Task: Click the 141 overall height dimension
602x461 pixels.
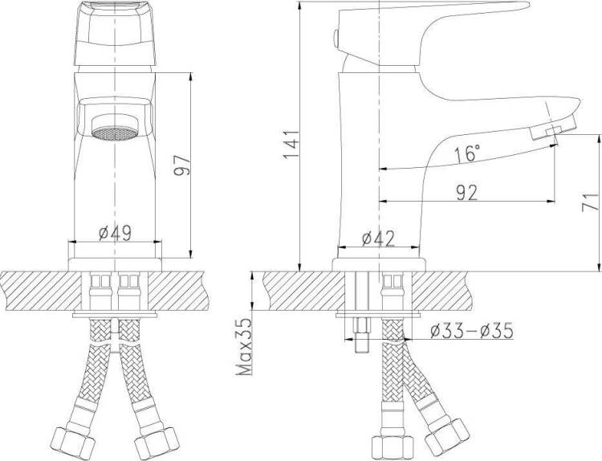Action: point(291,145)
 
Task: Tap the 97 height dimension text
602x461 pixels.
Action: point(181,165)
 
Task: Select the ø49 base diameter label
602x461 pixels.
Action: point(115,233)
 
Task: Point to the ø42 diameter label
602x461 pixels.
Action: point(378,239)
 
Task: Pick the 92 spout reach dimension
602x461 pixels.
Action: point(467,193)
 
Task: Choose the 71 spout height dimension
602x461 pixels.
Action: point(591,202)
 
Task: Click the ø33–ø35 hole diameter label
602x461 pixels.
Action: point(471,331)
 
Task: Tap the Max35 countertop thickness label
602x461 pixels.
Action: point(245,346)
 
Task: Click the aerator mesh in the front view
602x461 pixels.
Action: point(115,133)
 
